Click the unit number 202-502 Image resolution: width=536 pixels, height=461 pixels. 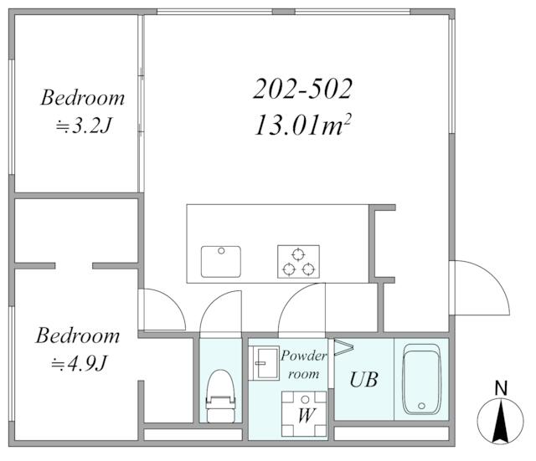[x=302, y=89]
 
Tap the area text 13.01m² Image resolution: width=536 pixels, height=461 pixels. [x=303, y=125]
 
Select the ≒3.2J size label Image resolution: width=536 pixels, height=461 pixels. [x=84, y=126]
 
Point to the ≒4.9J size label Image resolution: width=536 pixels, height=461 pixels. [x=79, y=364]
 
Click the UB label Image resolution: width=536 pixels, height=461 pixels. [x=363, y=379]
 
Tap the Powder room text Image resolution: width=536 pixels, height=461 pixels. [x=303, y=365]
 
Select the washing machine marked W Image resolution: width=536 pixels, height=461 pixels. [x=304, y=414]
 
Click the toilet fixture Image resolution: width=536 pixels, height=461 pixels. [x=220, y=396]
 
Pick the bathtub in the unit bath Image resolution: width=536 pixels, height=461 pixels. [x=422, y=379]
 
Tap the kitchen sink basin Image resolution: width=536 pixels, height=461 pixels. [x=221, y=262]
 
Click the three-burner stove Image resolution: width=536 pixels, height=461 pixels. [x=298, y=262]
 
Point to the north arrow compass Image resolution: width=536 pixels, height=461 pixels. [x=501, y=422]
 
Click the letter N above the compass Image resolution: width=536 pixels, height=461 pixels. [x=501, y=388]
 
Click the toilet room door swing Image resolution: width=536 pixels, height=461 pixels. [x=220, y=311]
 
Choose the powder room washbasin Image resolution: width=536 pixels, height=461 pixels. [x=264, y=363]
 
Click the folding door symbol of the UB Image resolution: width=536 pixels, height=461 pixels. [x=343, y=347]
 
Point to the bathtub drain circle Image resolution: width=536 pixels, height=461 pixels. [x=421, y=406]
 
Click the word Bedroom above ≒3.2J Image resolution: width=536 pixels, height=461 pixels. [x=83, y=98]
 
